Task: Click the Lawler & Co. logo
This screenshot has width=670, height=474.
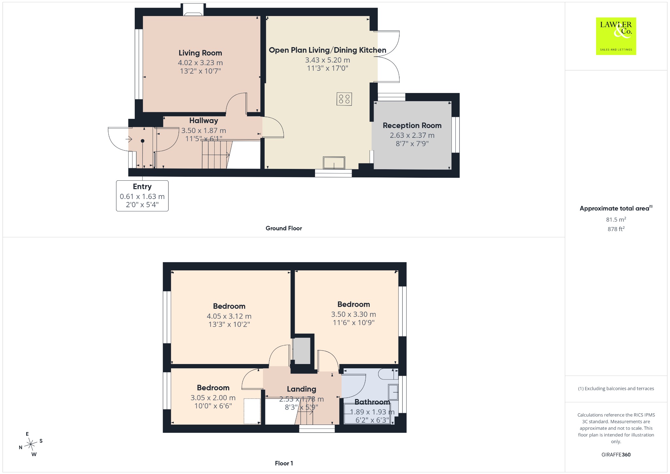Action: tap(616, 36)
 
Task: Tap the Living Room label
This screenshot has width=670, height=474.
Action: tap(200, 53)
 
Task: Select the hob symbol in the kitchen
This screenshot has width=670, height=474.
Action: tap(344, 99)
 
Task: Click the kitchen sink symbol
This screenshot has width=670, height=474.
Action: tap(334, 163)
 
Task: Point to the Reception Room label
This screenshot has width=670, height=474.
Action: tap(412, 125)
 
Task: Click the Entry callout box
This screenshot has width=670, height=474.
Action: tap(142, 196)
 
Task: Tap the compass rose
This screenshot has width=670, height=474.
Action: tap(31, 444)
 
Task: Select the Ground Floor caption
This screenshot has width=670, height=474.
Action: tap(284, 228)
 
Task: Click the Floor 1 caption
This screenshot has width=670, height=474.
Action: tap(284, 463)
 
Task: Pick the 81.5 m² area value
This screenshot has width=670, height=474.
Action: tap(616, 219)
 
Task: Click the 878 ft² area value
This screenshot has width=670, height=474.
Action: tap(616, 229)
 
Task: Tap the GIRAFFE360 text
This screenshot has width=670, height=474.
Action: tap(616, 454)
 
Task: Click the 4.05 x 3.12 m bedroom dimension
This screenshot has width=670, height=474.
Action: tap(229, 316)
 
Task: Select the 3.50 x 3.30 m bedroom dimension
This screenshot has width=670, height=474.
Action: tap(354, 314)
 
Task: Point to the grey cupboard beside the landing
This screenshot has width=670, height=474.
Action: tap(301, 351)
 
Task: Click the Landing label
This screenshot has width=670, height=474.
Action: tap(302, 389)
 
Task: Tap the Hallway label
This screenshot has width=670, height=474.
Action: tap(203, 120)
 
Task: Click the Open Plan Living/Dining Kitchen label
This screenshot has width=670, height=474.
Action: tap(327, 50)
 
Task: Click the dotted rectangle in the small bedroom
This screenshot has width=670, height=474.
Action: tap(252, 411)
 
